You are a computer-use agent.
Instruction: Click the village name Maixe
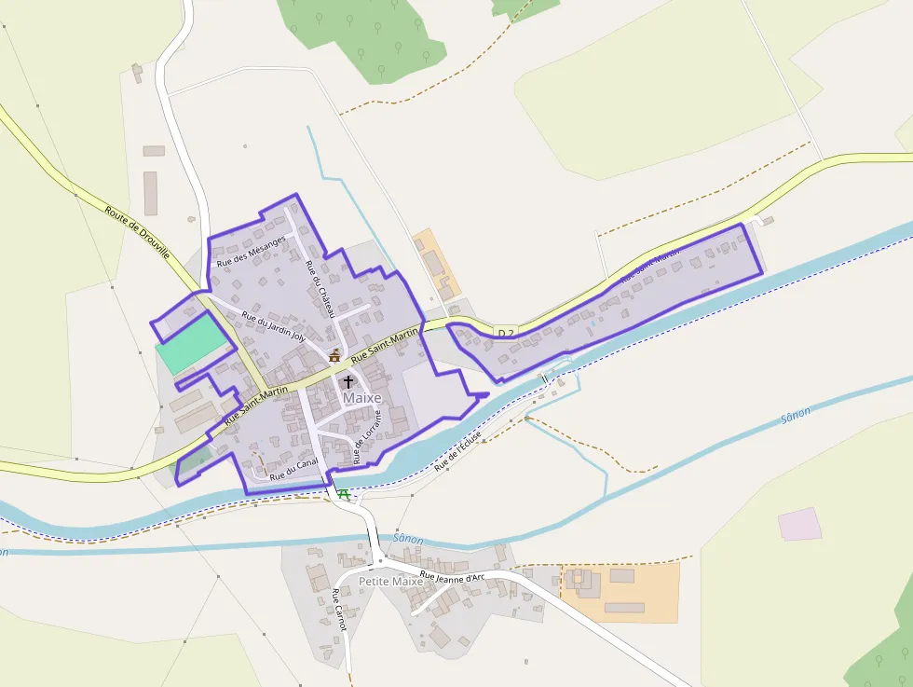pos(362,398)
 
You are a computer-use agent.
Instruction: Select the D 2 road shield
pos(506,333)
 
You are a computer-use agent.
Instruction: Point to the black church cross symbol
pos(348,381)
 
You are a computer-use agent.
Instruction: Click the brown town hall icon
pos(334,355)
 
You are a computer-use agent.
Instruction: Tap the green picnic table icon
pos(345,493)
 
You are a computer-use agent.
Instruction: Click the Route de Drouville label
pos(137,232)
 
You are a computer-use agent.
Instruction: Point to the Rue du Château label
pos(319,288)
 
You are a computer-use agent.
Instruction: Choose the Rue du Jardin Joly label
pos(273,325)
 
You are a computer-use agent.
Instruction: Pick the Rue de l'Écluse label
pos(458,449)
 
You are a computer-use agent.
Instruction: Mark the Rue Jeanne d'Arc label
pos(453,577)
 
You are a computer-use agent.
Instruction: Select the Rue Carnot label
pos(338,611)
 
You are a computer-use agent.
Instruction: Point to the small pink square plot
pos(799,524)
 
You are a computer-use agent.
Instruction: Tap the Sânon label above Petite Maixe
pos(408,539)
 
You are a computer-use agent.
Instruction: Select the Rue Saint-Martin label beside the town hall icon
pos(385,345)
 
